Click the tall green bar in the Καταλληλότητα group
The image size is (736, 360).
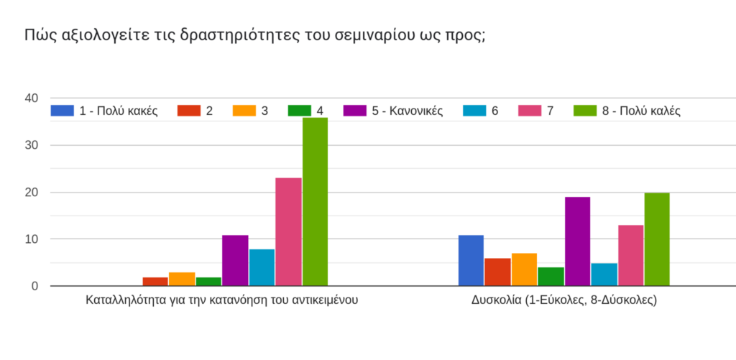315,201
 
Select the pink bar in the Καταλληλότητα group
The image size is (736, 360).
288,231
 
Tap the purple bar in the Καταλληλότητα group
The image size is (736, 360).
235,260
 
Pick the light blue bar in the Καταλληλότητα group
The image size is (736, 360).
262,267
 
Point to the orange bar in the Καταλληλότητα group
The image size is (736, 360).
182,279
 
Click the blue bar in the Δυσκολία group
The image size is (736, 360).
471,260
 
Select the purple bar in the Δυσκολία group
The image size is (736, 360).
577,241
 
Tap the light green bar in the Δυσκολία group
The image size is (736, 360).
657,239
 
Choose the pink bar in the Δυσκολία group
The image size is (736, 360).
630,255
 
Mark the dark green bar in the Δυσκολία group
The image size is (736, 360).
551,277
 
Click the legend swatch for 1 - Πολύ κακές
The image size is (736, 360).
63,111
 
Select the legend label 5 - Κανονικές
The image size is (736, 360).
408,111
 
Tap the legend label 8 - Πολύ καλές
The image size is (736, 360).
642,111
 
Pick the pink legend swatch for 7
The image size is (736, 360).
530,111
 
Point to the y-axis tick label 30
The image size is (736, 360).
31,145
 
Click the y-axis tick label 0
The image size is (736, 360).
34,286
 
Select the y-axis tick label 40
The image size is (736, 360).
31,98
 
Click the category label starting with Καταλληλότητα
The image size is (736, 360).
222,300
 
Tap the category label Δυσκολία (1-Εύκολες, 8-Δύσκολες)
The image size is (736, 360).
564,300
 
